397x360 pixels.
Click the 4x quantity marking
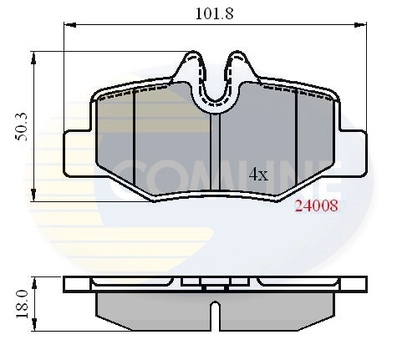click(x=258, y=175)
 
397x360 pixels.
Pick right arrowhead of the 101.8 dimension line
click(x=363, y=26)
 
